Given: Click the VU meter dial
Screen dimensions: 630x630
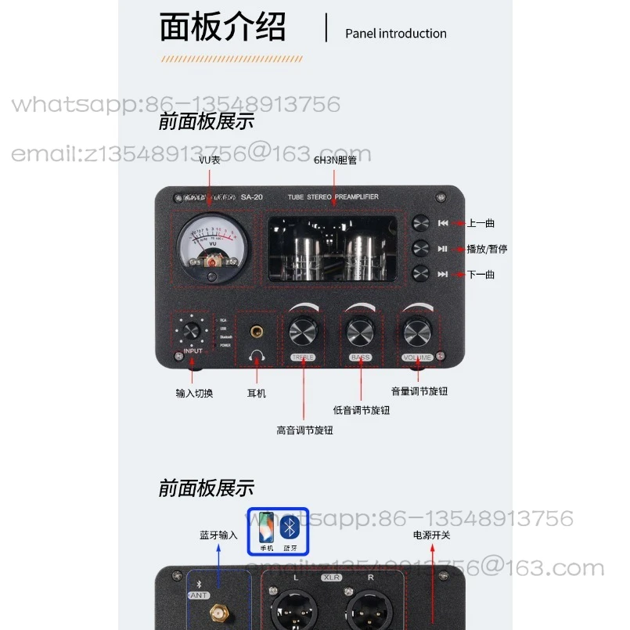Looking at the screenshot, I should point(210,248).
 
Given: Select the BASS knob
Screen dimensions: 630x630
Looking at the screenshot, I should point(360,332).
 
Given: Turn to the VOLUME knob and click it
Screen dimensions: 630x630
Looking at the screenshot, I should point(418,332).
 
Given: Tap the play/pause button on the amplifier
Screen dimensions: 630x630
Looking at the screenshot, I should point(421,249).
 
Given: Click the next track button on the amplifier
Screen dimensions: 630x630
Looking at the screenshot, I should point(421,274).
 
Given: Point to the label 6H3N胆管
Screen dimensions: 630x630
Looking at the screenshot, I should point(335,160).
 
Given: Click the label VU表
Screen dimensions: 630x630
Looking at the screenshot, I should point(209,160).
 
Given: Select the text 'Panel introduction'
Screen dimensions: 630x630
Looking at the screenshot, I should point(395,34).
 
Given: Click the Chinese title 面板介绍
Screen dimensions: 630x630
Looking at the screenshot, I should point(222,27).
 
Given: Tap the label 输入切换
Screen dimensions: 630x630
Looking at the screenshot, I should point(194,393).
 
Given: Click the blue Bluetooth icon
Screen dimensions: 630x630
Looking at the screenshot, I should point(290,530).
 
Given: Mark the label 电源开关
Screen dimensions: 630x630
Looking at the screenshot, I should point(432,535).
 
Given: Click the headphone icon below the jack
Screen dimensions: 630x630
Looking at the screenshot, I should point(256,358).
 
